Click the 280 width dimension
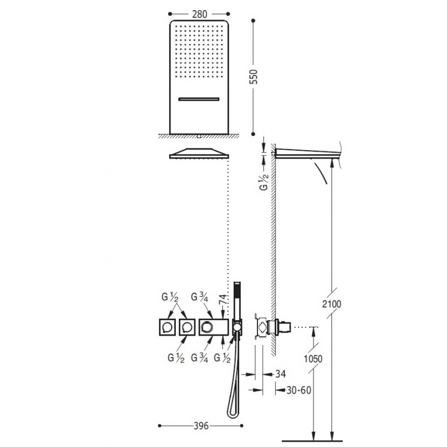point(198,11)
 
